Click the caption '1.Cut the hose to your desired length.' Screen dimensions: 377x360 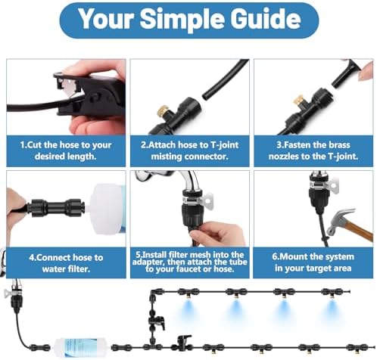click(x=66, y=151)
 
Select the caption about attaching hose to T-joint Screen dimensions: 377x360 click(x=189, y=151)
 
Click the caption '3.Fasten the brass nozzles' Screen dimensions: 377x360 click(x=313, y=151)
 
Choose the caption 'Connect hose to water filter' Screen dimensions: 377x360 click(x=66, y=263)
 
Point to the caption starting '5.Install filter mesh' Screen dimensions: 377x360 click(x=189, y=262)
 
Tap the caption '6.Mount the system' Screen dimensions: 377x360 click(x=313, y=262)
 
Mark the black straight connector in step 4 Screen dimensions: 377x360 click(x=55, y=208)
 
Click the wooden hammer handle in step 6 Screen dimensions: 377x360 click(x=358, y=231)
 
